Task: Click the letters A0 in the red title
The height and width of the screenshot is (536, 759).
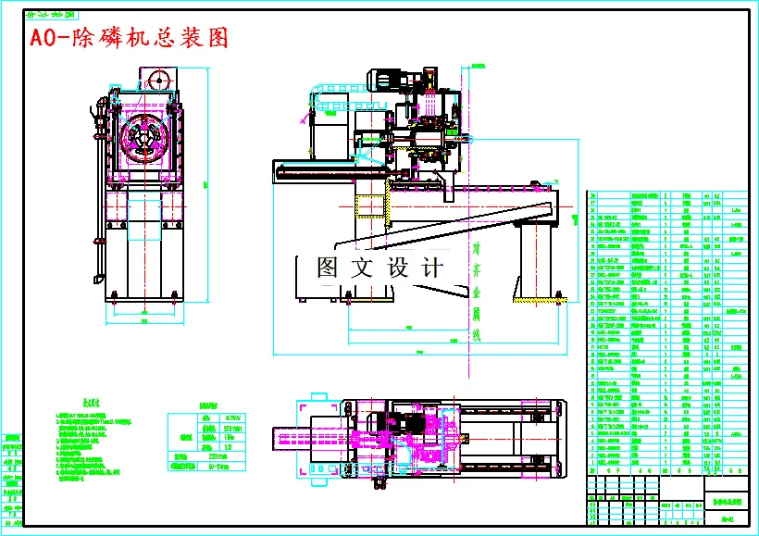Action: (42, 38)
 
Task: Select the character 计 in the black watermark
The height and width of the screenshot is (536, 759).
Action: (431, 268)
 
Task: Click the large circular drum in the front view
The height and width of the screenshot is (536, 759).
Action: (143, 141)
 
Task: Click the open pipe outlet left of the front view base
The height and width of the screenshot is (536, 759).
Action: (97, 279)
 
